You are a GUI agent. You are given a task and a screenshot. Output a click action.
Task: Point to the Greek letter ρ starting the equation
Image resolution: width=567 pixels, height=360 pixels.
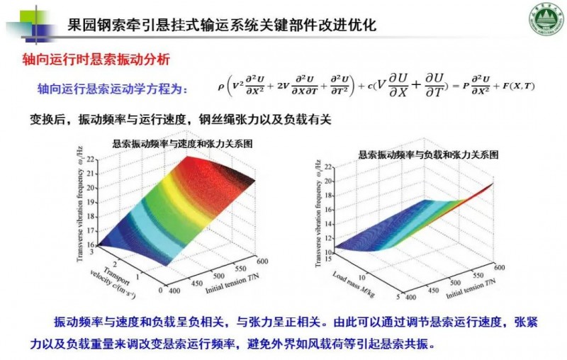[220, 88]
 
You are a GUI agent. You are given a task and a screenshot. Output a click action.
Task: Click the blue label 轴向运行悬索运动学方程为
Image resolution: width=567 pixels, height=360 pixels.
[113, 89]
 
